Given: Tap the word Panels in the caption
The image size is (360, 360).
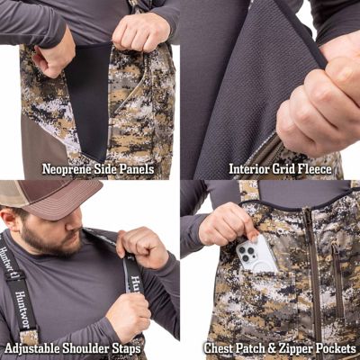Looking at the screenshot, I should (134, 168).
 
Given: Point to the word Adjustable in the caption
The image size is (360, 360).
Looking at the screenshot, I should (34, 348).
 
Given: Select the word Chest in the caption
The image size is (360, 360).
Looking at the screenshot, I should (219, 348).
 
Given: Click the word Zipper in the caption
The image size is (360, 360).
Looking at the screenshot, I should (293, 348).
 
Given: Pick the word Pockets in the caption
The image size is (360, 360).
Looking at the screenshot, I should (335, 348).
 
